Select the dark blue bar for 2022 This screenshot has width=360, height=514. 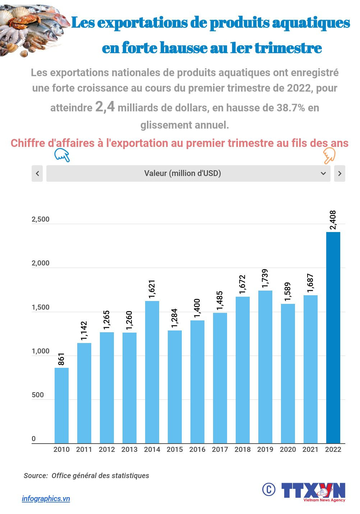click(x=333, y=337)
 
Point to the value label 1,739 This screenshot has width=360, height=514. click(x=265, y=278)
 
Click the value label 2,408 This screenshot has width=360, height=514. click(x=333, y=220)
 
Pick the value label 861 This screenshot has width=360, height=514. click(x=61, y=359)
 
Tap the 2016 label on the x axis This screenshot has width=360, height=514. click(x=197, y=449)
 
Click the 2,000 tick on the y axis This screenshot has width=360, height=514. click(x=41, y=263)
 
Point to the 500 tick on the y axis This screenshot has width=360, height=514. click(x=38, y=395)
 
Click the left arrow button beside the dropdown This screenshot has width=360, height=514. click(x=37, y=173)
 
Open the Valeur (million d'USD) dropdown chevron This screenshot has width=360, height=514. click(x=323, y=173)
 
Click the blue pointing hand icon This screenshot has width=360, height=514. click(x=62, y=156)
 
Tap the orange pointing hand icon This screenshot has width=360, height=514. click(x=329, y=156)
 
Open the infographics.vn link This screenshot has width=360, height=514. click(x=46, y=499)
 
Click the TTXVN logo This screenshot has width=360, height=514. click(x=313, y=491)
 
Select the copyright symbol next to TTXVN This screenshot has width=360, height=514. click(x=268, y=489)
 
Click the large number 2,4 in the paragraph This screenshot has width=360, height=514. click(x=105, y=107)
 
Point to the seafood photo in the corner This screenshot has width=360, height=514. click(x=32, y=29)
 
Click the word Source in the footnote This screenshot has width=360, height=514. click(x=36, y=476)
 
